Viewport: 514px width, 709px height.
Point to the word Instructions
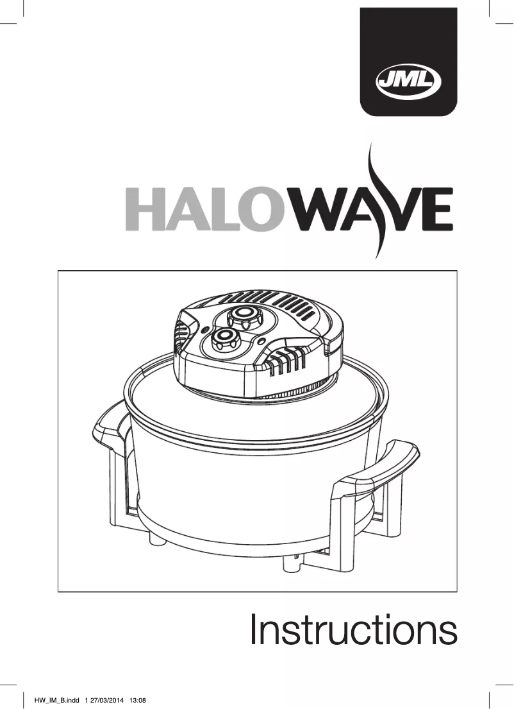353,631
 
